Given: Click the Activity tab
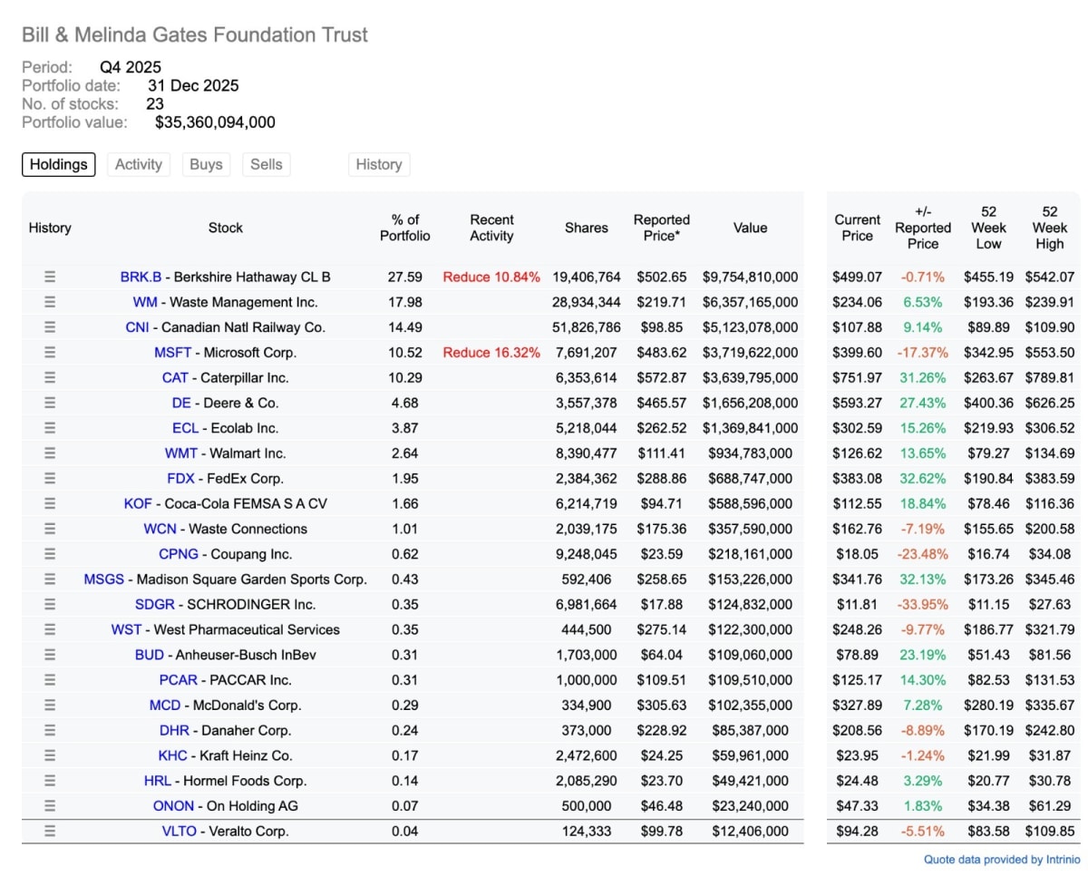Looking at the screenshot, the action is click(x=139, y=164).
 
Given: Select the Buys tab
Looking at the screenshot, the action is click(x=206, y=164).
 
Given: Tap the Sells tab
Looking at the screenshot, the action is click(x=267, y=164).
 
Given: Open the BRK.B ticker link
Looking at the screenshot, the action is click(x=141, y=277).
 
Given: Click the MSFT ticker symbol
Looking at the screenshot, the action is click(x=173, y=353).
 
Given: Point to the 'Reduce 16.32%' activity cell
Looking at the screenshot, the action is click(x=491, y=353).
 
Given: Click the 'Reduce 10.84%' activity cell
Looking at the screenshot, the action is click(x=491, y=277).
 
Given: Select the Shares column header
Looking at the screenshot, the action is click(x=587, y=228).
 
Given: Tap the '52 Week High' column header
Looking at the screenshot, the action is click(x=1050, y=228).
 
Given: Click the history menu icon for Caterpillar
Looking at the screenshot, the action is click(x=50, y=378).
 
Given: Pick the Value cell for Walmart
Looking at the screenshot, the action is click(x=751, y=453).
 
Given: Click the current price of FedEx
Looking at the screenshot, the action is click(x=857, y=479).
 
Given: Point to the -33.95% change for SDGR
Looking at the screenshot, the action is click(x=923, y=604).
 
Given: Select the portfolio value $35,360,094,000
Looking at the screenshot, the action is click(x=215, y=122).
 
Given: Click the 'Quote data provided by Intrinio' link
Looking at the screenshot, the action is click(x=1002, y=860).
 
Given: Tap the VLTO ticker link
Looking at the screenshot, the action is click(x=179, y=831).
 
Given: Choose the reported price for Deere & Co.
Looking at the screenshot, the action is click(x=661, y=404).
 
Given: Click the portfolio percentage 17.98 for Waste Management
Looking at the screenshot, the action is click(x=405, y=303).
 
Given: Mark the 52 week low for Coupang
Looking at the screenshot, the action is click(x=988, y=554).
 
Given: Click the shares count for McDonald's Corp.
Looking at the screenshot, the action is click(x=587, y=705).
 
